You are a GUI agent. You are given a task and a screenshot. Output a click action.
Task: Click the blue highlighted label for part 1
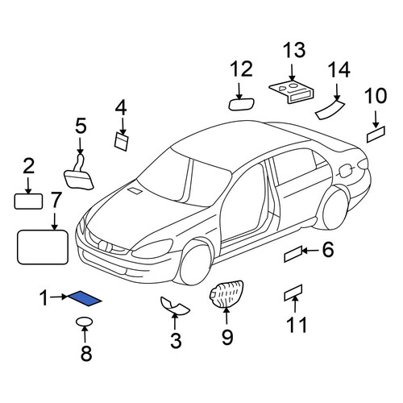(x=85, y=299)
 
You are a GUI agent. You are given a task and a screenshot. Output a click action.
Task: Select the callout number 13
(x=294, y=50)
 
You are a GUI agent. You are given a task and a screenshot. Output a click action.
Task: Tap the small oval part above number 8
(x=85, y=322)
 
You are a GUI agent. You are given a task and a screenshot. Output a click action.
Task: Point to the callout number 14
(x=339, y=69)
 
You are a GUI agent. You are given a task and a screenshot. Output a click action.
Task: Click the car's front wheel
(x=196, y=263)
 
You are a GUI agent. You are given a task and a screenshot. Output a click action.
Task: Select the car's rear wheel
(x=333, y=209)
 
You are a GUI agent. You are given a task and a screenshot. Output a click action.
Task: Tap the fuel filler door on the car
(x=346, y=170)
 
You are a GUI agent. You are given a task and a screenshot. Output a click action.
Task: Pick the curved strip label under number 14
(x=330, y=109)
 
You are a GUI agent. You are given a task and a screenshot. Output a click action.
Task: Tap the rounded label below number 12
(x=241, y=104)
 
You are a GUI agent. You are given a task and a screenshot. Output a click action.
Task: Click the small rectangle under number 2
(x=28, y=201)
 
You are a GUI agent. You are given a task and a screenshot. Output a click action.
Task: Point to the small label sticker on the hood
(x=135, y=190)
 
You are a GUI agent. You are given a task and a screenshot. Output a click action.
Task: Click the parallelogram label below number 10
(x=376, y=135)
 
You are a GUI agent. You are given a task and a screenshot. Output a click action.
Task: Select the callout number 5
(x=81, y=126)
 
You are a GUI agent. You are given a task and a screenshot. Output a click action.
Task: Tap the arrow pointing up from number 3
(x=175, y=322)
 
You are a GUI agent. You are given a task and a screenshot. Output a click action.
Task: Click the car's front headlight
(x=152, y=249)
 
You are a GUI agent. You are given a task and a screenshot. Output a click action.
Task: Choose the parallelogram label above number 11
(x=293, y=293)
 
